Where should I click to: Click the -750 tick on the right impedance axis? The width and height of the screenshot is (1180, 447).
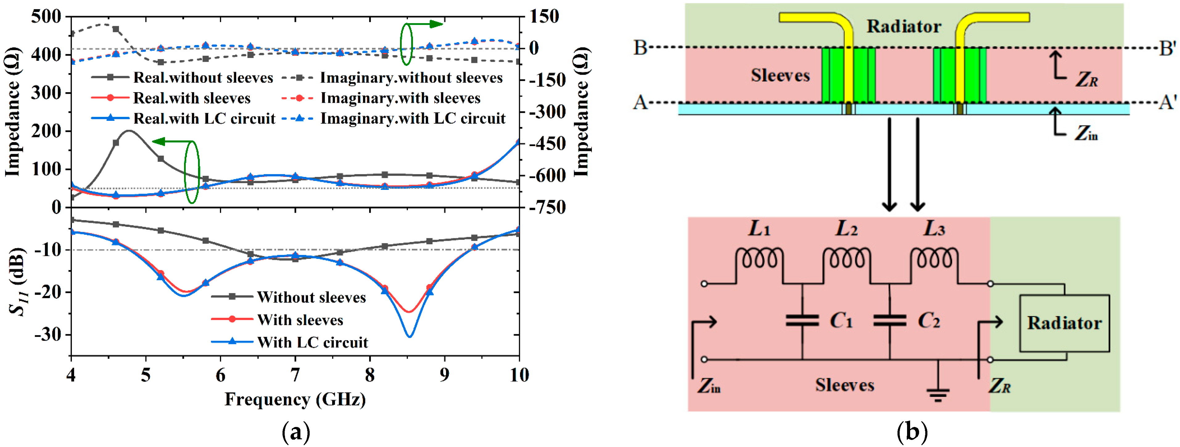click(x=547, y=207)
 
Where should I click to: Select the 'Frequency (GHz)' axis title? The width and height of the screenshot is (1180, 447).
click(x=295, y=399)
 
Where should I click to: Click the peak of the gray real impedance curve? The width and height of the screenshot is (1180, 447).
click(x=129, y=131)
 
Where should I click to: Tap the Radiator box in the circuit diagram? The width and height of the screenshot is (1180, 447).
click(x=1064, y=323)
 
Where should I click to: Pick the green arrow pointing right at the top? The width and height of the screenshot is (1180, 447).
click(x=431, y=24)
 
